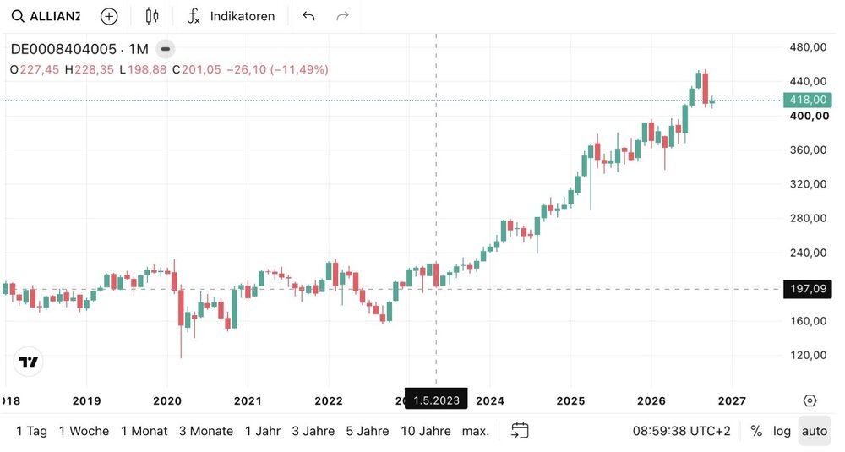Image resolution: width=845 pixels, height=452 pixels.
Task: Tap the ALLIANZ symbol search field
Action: pyautogui.click(x=46, y=16)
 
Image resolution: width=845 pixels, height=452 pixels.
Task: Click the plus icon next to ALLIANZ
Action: pyautogui.click(x=109, y=16)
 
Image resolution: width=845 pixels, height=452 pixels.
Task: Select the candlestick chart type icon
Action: pyautogui.click(x=152, y=16)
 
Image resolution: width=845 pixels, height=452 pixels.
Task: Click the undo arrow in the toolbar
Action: pyautogui.click(x=308, y=16)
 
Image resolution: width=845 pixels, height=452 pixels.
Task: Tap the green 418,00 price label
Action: pyautogui.click(x=807, y=100)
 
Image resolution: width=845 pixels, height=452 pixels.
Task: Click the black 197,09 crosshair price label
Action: pyautogui.click(x=807, y=289)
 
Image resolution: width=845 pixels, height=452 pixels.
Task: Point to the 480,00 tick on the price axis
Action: pyautogui.click(x=808, y=47)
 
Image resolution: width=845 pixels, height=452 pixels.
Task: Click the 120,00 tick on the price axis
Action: pyautogui.click(x=808, y=355)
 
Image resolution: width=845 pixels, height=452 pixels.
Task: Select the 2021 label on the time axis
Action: pyautogui.click(x=248, y=400)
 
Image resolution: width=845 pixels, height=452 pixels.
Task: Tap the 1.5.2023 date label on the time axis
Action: pyautogui.click(x=436, y=400)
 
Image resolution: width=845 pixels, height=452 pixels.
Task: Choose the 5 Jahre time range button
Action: pyautogui.click(x=367, y=431)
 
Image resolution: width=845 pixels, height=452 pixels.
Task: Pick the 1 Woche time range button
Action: pyautogui.click(x=84, y=431)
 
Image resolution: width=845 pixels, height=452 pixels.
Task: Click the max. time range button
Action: pyautogui.click(x=475, y=431)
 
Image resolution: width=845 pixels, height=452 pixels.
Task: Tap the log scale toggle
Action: pyautogui.click(x=782, y=431)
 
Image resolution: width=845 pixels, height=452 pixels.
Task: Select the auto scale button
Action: pyautogui.click(x=815, y=431)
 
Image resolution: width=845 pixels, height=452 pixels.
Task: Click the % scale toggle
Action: pyautogui.click(x=756, y=431)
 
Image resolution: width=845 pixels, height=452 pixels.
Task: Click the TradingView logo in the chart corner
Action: pyautogui.click(x=28, y=362)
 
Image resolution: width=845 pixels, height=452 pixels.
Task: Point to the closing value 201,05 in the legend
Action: pyautogui.click(x=201, y=69)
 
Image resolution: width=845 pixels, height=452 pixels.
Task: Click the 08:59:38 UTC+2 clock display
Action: pyautogui.click(x=681, y=431)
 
